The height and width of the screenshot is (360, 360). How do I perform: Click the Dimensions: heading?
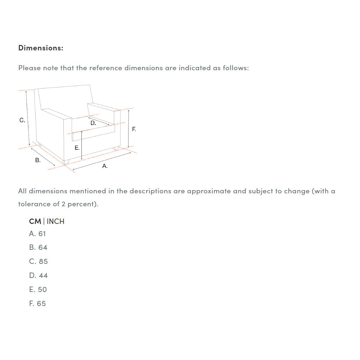(41, 48)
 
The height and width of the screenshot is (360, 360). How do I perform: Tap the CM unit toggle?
(35, 221)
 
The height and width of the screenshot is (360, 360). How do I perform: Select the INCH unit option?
(55, 221)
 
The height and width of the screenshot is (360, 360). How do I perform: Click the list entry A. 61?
(37, 234)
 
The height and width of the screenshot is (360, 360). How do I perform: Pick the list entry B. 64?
(38, 248)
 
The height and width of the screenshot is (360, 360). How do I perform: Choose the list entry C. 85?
(39, 261)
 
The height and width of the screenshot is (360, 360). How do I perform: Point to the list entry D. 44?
(39, 275)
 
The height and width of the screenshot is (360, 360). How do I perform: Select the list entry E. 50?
(38, 289)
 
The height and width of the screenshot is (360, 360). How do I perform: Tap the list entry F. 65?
(37, 303)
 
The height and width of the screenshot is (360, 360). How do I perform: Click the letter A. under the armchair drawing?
(105, 166)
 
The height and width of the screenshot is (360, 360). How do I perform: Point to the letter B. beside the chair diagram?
(38, 160)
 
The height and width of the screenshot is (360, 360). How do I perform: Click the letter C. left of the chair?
(22, 120)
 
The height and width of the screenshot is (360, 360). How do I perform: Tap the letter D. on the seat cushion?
(93, 123)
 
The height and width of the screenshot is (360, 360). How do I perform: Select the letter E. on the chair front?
(77, 148)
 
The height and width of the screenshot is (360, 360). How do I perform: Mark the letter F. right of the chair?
(134, 129)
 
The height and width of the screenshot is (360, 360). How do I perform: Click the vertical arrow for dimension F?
(129, 129)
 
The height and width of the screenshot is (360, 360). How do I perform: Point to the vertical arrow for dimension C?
(28, 118)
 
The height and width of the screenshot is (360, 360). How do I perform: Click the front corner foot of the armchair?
(66, 162)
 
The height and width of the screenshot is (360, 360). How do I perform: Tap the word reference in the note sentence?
(105, 68)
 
